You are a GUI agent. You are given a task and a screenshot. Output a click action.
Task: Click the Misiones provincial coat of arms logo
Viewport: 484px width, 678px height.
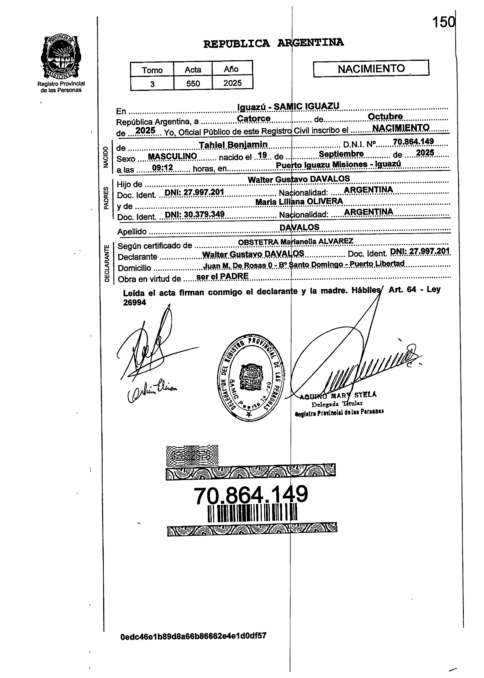coord(61,56)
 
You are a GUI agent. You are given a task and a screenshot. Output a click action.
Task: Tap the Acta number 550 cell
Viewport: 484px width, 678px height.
coord(193,83)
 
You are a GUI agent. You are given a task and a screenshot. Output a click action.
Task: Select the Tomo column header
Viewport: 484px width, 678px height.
coord(152,70)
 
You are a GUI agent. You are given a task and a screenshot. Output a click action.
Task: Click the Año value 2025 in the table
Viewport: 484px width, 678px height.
coord(232,83)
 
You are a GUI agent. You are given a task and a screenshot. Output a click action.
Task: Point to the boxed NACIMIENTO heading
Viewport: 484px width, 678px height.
coord(371,69)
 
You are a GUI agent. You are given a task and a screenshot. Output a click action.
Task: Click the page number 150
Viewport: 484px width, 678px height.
coord(444,22)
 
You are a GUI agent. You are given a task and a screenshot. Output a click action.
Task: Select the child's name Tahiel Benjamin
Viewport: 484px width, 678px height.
coord(233,145)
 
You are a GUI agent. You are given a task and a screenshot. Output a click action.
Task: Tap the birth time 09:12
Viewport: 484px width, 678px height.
coord(162,168)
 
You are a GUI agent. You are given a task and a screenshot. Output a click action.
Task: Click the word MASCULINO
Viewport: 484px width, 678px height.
coord(173,156)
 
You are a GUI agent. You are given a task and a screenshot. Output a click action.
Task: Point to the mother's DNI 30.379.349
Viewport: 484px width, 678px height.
coord(195,214)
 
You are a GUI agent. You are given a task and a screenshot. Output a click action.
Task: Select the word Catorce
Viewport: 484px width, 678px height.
coord(254,118)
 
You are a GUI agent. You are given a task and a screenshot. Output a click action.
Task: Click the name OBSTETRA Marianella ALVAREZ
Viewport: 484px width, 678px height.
coord(296,241)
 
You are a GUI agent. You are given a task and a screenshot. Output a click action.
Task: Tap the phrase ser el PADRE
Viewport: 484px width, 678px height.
coord(222,276)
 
